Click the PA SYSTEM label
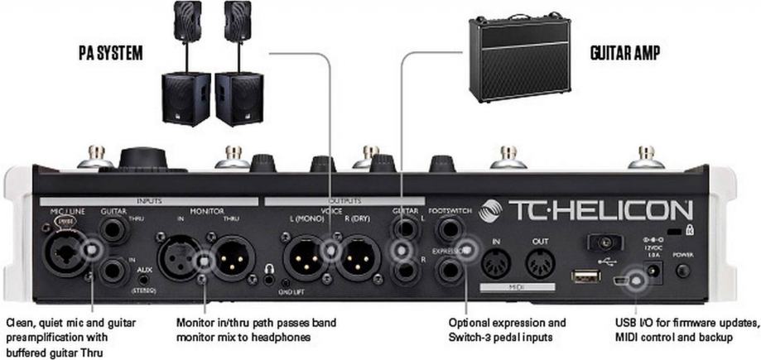point(110,53)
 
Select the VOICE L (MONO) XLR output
point(304,257)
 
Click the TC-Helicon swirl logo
point(492,209)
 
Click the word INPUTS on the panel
point(149,201)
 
